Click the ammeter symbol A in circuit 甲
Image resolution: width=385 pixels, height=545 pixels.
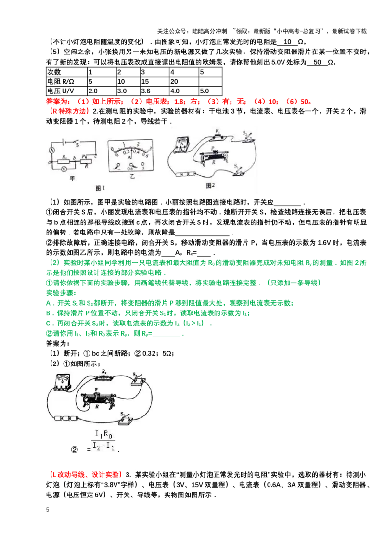click(x=52, y=150)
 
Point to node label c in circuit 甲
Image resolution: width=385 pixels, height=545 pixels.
click(x=96, y=156)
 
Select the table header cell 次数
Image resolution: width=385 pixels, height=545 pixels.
click(x=66, y=72)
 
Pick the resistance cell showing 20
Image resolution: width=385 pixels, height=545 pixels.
click(x=184, y=81)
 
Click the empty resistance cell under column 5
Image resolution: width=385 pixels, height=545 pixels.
click(x=210, y=81)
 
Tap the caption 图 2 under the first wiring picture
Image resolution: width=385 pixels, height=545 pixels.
click(x=210, y=186)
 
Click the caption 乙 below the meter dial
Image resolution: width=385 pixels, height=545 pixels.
click(x=132, y=176)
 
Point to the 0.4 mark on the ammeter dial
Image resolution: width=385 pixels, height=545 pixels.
click(x=136, y=152)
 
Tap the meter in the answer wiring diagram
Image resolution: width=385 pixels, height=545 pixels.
click(x=63, y=382)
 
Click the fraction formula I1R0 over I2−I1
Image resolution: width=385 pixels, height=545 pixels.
click(x=103, y=441)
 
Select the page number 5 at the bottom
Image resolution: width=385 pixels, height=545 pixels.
click(x=48, y=510)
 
